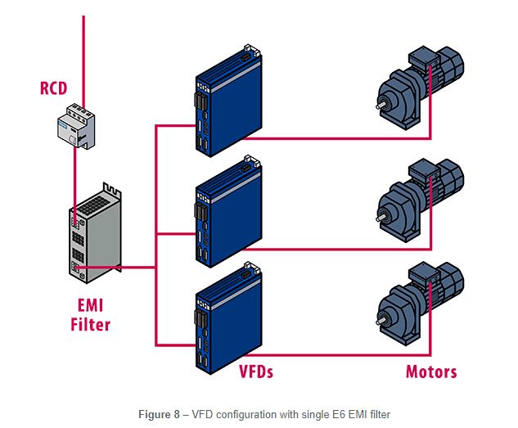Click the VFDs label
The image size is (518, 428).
coord(255,372)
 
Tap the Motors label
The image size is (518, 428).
coord(431,372)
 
